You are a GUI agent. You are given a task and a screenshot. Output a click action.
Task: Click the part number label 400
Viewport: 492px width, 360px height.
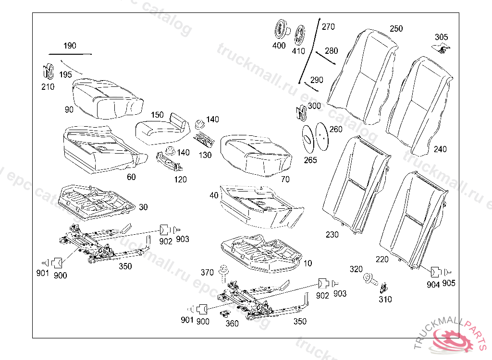pos(279,46)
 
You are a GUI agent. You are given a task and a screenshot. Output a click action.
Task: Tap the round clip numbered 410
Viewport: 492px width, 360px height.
pos(299,35)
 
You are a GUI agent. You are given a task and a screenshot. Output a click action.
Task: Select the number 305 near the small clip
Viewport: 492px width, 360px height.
pos(441,37)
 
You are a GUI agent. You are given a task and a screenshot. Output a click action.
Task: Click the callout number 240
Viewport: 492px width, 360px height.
pos(440,149)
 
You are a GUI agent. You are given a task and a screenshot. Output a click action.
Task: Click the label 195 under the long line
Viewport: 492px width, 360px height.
pos(66,74)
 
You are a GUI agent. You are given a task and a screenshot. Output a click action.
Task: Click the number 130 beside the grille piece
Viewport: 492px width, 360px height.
pos(205,155)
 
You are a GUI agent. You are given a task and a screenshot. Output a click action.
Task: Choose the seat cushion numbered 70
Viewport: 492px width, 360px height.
pos(255,154)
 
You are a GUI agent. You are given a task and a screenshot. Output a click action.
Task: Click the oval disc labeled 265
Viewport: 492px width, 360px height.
pos(307,136)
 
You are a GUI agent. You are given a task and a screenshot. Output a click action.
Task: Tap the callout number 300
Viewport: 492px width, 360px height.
pos(314,106)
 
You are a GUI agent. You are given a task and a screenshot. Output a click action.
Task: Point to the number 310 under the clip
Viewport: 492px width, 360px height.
pos(385,300)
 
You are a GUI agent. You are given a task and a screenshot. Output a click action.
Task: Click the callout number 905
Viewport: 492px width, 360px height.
pos(449,283)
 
